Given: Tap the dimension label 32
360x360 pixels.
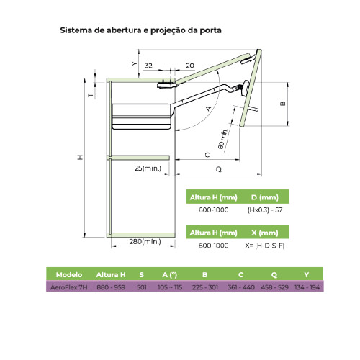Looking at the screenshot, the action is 148,66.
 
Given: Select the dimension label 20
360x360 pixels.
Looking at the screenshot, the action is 190,66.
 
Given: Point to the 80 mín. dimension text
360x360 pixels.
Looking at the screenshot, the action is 222,139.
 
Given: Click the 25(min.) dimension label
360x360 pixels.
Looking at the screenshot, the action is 148,168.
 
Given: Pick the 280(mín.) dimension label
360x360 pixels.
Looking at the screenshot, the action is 145,241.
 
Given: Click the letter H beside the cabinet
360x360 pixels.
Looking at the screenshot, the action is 80,157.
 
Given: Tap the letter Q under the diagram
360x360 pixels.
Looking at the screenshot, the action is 219,169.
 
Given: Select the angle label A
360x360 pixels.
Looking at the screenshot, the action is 208,109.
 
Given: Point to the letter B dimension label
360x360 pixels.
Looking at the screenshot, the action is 283,104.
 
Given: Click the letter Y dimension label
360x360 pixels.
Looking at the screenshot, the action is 134,63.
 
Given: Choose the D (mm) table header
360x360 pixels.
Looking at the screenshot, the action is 265,197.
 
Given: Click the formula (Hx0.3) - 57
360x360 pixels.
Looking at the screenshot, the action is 265,210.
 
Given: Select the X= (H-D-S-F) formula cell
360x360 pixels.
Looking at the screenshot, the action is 265,246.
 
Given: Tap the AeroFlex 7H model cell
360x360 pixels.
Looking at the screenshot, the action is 69,287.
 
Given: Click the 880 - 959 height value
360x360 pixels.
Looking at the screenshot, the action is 111,287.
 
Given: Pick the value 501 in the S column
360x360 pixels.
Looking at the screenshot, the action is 142,287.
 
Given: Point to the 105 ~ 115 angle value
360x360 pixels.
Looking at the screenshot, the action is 170,287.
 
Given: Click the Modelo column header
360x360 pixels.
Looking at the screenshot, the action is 69,275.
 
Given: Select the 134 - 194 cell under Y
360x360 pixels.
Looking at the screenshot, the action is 307,287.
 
